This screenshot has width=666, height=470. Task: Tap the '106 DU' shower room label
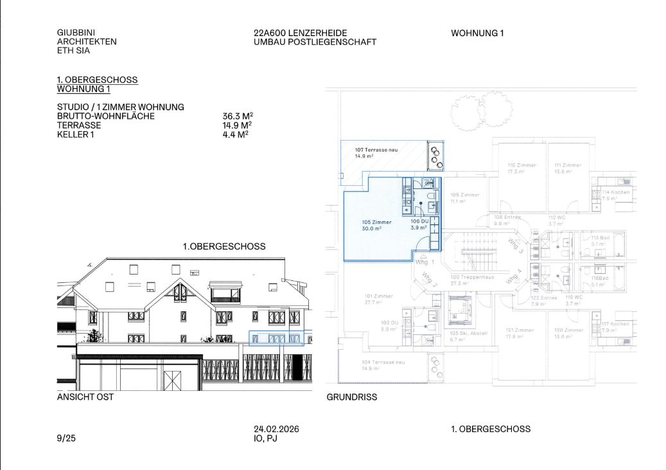pos(419,221)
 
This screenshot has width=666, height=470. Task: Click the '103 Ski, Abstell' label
pos(468,333)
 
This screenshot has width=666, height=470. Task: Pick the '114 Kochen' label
pos(616,192)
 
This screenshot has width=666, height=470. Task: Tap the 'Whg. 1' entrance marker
pos(425,262)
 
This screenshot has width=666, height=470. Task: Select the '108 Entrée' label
pos(507,217)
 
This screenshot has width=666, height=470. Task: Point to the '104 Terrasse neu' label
pos(383,361)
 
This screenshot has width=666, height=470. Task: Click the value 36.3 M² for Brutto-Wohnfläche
pos(237,116)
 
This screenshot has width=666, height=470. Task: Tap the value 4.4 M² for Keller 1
pos(235,134)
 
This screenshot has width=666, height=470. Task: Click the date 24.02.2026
pos(276,429)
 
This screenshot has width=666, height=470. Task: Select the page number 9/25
pos(66,438)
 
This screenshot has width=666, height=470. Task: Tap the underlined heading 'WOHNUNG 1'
pos(83,89)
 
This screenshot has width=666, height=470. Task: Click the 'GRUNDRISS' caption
pos(352,397)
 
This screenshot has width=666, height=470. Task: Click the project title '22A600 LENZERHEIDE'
pos(301,33)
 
